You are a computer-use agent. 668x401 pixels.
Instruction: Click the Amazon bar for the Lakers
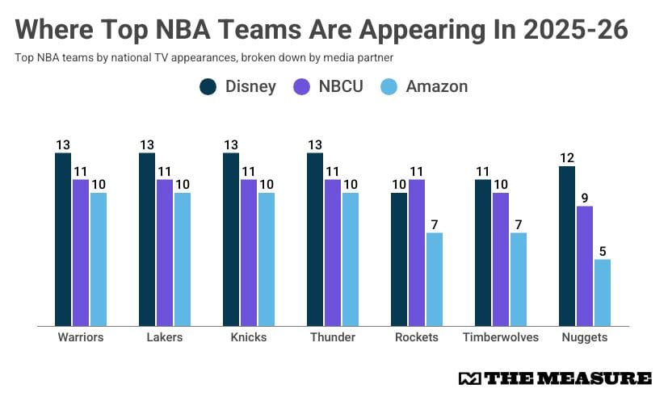[x=182, y=259]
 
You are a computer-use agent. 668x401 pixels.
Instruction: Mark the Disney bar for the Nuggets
[x=567, y=246]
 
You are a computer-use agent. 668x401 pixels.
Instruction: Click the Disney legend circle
[x=208, y=86]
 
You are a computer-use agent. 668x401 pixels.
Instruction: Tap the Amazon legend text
[x=436, y=86]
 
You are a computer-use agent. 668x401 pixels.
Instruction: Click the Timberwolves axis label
[x=501, y=337]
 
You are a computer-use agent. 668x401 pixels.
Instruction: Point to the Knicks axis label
[x=249, y=337]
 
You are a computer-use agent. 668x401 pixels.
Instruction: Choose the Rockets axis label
[x=417, y=337]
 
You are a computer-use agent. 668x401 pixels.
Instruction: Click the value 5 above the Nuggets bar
[x=602, y=251]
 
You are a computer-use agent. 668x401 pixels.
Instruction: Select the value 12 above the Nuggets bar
[x=567, y=158]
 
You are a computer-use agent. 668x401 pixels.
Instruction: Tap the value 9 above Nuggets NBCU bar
[x=585, y=198]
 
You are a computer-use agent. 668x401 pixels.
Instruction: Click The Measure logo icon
[x=468, y=378]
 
